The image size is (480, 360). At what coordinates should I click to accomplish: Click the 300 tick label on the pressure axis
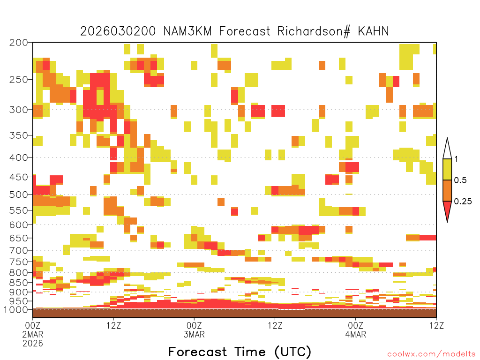(x=18, y=110)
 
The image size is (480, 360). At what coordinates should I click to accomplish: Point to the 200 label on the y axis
(x=18, y=43)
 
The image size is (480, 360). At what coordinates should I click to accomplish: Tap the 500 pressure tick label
(x=18, y=195)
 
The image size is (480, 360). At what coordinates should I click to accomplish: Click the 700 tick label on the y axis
(x=18, y=250)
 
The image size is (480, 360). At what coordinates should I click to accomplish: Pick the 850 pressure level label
(x=18, y=283)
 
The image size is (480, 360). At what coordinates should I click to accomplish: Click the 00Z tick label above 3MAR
(x=194, y=325)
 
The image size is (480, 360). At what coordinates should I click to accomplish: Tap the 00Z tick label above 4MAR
(x=355, y=325)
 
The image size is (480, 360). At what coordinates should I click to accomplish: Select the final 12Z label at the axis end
(x=436, y=325)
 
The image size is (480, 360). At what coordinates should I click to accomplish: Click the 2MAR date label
(x=33, y=334)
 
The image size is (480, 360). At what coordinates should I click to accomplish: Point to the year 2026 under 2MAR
(x=33, y=344)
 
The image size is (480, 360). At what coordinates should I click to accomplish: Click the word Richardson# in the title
(x=314, y=31)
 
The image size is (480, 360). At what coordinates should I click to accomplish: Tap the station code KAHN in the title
(x=373, y=31)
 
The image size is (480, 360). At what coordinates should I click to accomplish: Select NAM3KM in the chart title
(x=187, y=31)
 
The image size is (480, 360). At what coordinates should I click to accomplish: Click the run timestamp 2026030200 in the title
(x=118, y=31)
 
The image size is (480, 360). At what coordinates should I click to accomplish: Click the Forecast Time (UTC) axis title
(x=240, y=352)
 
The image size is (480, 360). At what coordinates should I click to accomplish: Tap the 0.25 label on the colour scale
(x=463, y=202)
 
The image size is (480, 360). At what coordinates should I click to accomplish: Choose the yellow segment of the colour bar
(x=447, y=169)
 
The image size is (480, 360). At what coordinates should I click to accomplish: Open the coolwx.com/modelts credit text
(x=432, y=354)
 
